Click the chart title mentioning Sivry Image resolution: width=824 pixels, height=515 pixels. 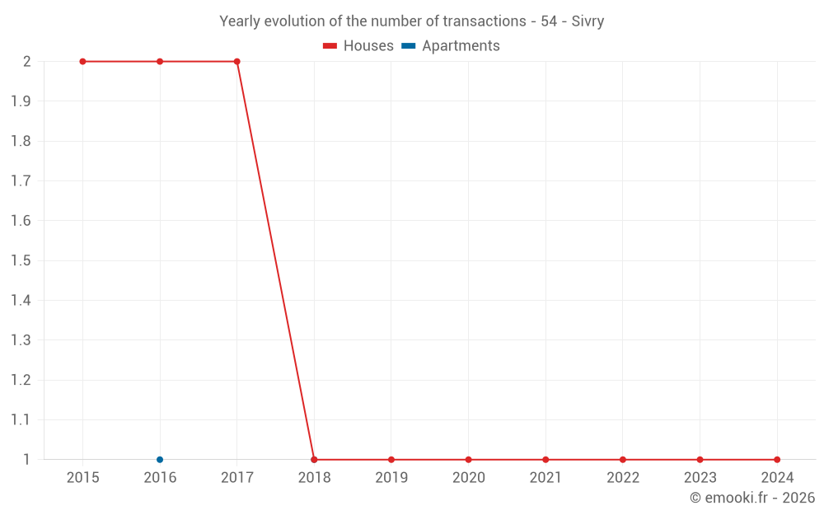tap(411, 21)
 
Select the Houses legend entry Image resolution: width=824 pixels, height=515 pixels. tap(358, 46)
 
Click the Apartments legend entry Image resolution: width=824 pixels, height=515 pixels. tap(451, 46)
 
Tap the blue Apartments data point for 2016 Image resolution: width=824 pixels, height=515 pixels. tap(160, 460)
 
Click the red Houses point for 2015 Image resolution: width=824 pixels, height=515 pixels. tap(82, 62)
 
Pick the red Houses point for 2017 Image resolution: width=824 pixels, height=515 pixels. tap(236, 62)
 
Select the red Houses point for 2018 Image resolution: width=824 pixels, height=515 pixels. tap(314, 460)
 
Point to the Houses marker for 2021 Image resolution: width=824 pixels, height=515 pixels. tap(545, 460)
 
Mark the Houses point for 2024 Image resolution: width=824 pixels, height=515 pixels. tap(777, 460)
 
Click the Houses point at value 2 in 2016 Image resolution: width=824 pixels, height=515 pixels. tap(160, 62)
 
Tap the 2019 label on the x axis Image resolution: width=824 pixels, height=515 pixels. tap(391, 478)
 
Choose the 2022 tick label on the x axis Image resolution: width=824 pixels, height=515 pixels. tap(623, 478)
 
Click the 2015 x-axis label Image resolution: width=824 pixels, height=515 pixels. tap(82, 478)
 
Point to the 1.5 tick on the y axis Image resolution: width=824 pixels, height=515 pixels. tap(21, 261)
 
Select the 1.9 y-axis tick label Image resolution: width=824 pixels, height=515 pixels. tap(21, 101)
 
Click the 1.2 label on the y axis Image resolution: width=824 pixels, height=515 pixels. tap(21, 381)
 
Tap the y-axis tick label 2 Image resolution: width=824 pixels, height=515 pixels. tap(27, 62)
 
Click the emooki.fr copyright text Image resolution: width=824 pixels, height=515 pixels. tap(752, 498)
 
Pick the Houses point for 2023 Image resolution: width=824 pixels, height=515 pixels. tap(700, 460)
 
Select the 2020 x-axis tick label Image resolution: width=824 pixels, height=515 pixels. tap(468, 478)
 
